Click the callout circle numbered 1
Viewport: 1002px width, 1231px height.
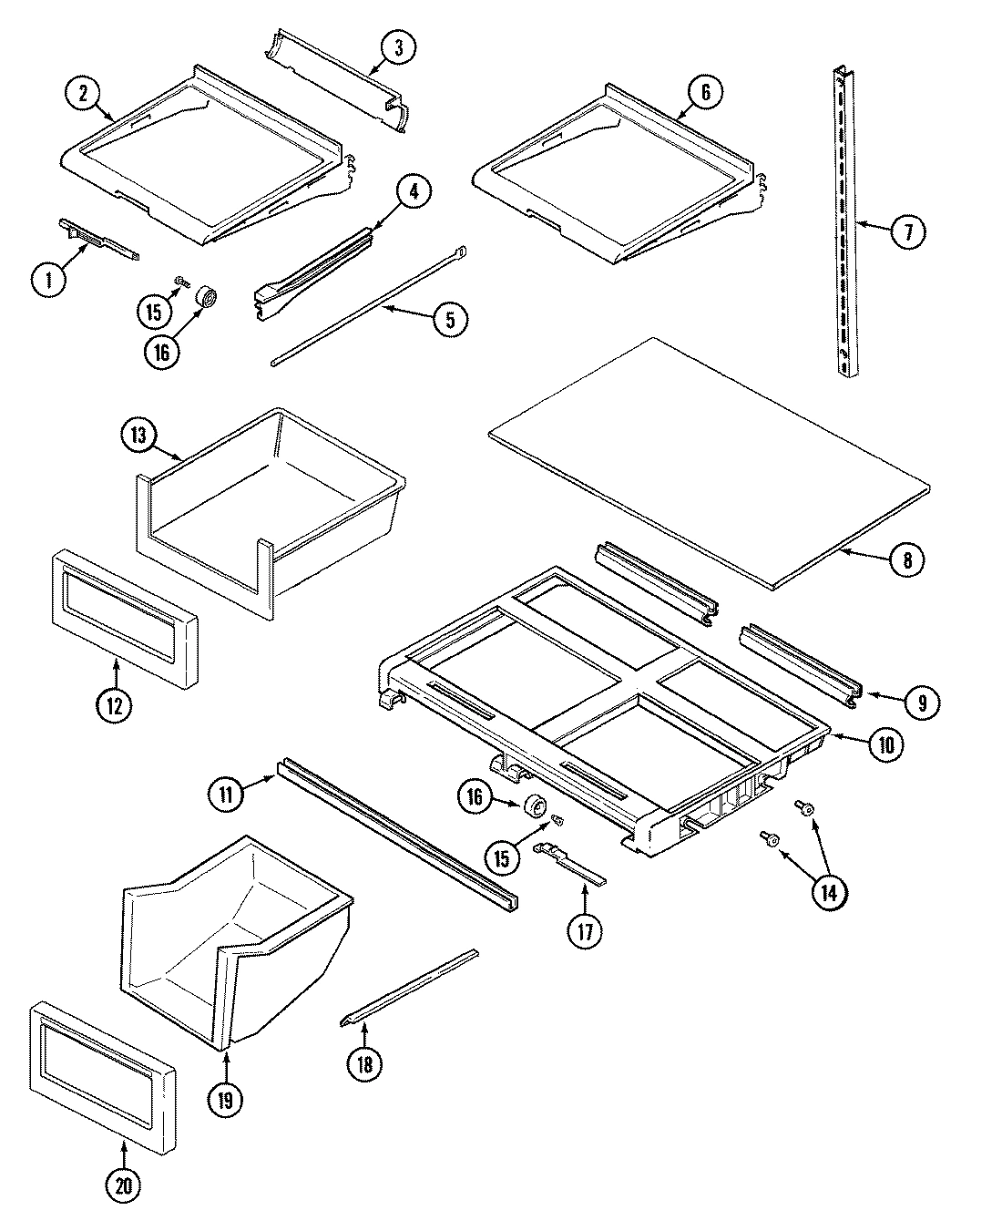(x=50, y=280)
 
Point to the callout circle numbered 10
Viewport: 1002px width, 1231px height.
(x=884, y=744)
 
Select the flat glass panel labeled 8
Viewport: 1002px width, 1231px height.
(x=711, y=465)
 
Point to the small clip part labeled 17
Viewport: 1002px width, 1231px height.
(x=569, y=860)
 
